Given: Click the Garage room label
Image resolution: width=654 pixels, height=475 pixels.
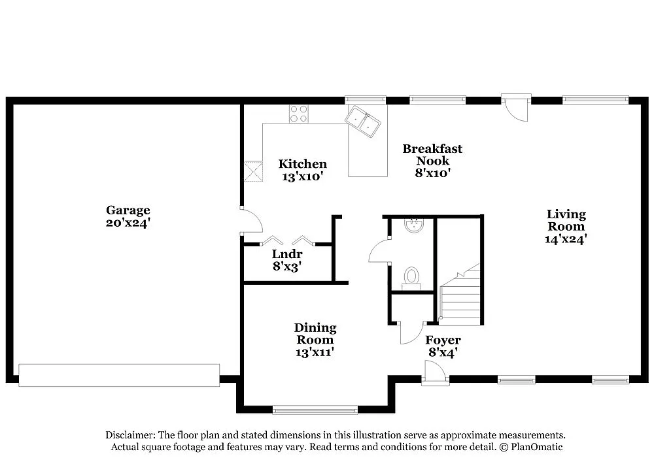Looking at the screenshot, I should pyautogui.click(x=128, y=210).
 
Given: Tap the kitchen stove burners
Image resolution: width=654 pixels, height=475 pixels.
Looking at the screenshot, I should pyautogui.click(x=299, y=114).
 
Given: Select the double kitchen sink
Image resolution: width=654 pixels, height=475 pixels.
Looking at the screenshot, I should pyautogui.click(x=364, y=122).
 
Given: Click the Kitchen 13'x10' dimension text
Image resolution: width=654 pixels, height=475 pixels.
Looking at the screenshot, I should pyautogui.click(x=302, y=176).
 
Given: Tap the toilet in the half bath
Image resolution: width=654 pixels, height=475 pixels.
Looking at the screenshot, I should pyautogui.click(x=411, y=276).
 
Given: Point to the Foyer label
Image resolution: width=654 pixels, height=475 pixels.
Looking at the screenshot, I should pyautogui.click(x=443, y=340).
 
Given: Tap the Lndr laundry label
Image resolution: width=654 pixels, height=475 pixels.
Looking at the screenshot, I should pyautogui.click(x=286, y=254).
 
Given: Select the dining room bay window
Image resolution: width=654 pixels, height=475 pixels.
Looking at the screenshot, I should pyautogui.click(x=315, y=410).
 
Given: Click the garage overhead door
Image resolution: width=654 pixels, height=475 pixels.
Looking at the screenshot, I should pyautogui.click(x=119, y=375).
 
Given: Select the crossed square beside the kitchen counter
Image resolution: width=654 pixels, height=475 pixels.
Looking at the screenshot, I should pyautogui.click(x=253, y=171).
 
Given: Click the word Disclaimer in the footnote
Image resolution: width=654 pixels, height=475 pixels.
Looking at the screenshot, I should pyautogui.click(x=129, y=435).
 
